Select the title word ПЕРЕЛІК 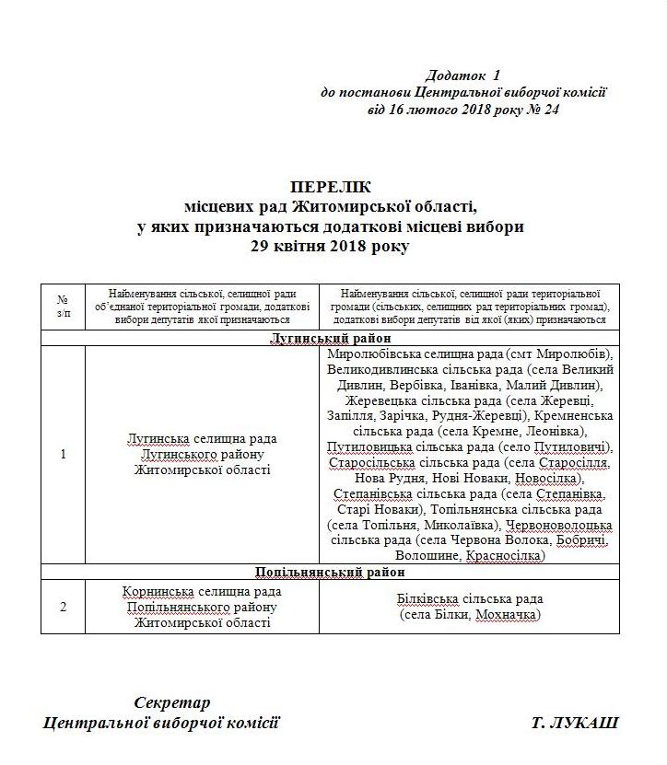pyautogui.click(x=329, y=186)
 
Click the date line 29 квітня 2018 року pyautogui.click(x=329, y=247)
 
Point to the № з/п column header pyautogui.click(x=63, y=307)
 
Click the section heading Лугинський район pyautogui.click(x=329, y=339)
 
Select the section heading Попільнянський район pyautogui.click(x=329, y=572)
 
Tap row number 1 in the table pyautogui.click(x=63, y=454)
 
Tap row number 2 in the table pyautogui.click(x=63, y=607)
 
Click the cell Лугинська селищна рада pyautogui.click(x=202, y=439)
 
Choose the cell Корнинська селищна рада pyautogui.click(x=202, y=591)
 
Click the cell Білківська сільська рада pyautogui.click(x=470, y=598)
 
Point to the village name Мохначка pyautogui.click(x=507, y=615)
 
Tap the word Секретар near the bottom pyautogui.click(x=172, y=702)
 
